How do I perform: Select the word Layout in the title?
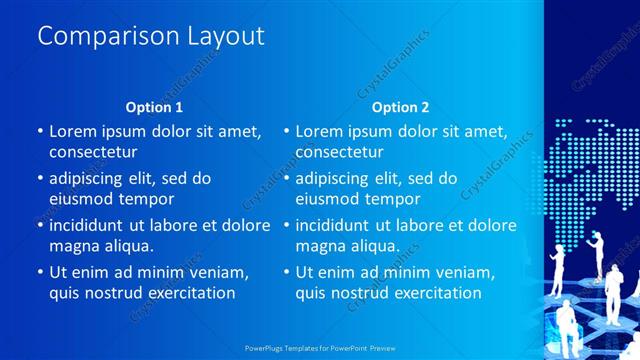[x=225, y=37]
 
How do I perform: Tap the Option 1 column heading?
[x=154, y=107]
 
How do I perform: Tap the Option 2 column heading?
[x=400, y=107]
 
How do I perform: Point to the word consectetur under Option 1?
[x=93, y=152]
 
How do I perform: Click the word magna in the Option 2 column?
[x=319, y=246]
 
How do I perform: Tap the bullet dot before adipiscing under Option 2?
[x=285, y=179]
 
